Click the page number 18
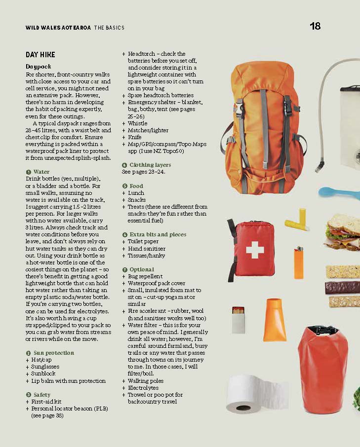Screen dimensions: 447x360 [315, 27]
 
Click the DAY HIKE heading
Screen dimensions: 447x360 [40, 55]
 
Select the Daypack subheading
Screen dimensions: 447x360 [39, 66]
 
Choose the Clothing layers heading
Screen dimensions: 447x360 [150, 165]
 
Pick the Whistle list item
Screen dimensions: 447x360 [137, 123]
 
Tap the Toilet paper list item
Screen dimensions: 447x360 [143, 242]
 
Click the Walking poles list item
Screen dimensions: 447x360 [146, 381]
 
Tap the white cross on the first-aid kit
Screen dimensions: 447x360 [255, 250]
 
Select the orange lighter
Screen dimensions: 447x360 [298, 263]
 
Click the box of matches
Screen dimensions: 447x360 [239, 319]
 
